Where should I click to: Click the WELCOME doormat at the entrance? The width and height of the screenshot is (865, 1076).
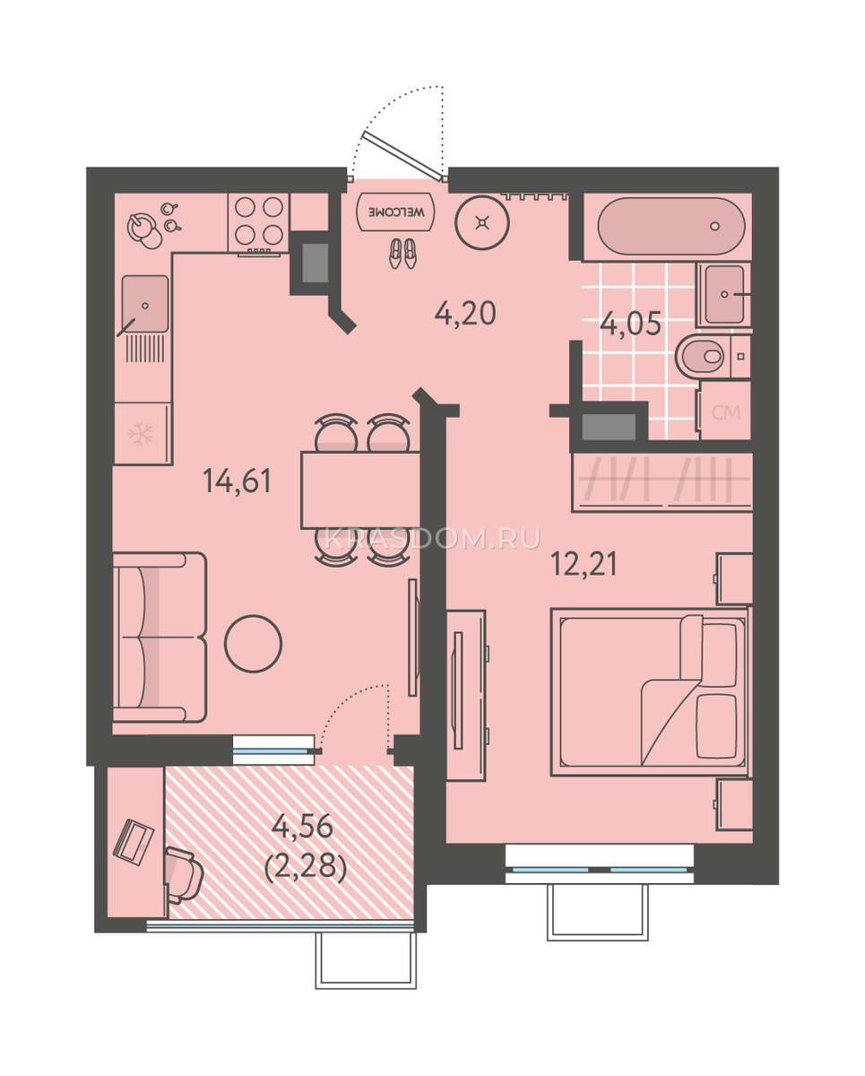pyautogui.click(x=395, y=212)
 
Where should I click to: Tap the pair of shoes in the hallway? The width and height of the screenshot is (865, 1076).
pyautogui.click(x=402, y=253)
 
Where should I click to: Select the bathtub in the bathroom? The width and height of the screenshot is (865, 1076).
pyautogui.click(x=671, y=227)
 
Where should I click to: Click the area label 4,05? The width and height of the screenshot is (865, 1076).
pyautogui.click(x=630, y=324)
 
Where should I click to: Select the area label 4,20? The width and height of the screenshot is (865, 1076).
pyautogui.click(x=465, y=314)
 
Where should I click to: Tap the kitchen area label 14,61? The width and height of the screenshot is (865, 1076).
pyautogui.click(x=237, y=481)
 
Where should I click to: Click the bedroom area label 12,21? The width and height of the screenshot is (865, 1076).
pyautogui.click(x=584, y=564)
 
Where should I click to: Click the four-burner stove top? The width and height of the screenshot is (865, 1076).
pyautogui.click(x=258, y=221)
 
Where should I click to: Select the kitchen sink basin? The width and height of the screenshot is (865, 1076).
pyautogui.click(x=145, y=303)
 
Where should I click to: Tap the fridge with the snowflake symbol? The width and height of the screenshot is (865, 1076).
pyautogui.click(x=143, y=433)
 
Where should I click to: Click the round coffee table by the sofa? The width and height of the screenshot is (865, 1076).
pyautogui.click(x=253, y=643)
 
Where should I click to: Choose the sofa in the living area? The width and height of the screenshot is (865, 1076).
pyautogui.click(x=160, y=637)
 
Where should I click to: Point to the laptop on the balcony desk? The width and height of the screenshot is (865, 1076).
pyautogui.click(x=134, y=840)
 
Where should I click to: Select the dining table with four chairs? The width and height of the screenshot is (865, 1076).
pyautogui.click(x=361, y=490)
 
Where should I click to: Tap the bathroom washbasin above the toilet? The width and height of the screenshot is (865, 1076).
pyautogui.click(x=724, y=294)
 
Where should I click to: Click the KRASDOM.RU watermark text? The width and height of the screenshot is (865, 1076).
pyautogui.click(x=432, y=539)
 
